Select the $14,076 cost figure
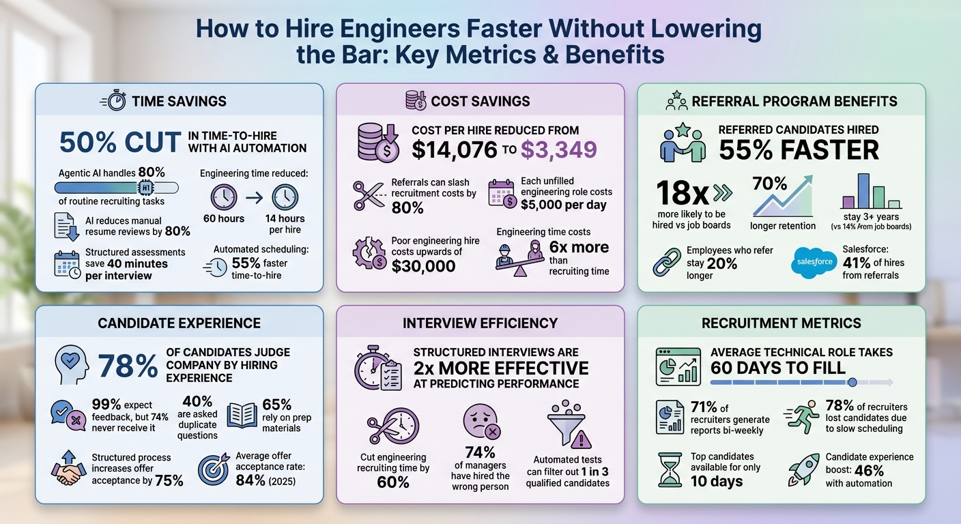[x=455, y=150]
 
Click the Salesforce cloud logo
[x=815, y=262]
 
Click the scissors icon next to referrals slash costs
[x=369, y=196]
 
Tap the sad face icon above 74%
[x=480, y=422]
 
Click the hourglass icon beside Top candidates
[x=668, y=469]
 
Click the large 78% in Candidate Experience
[x=128, y=366]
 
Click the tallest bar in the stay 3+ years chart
[x=863, y=190]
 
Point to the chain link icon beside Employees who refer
[x=667, y=262]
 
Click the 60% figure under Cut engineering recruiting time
[x=392, y=482]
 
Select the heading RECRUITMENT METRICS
[x=781, y=323]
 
